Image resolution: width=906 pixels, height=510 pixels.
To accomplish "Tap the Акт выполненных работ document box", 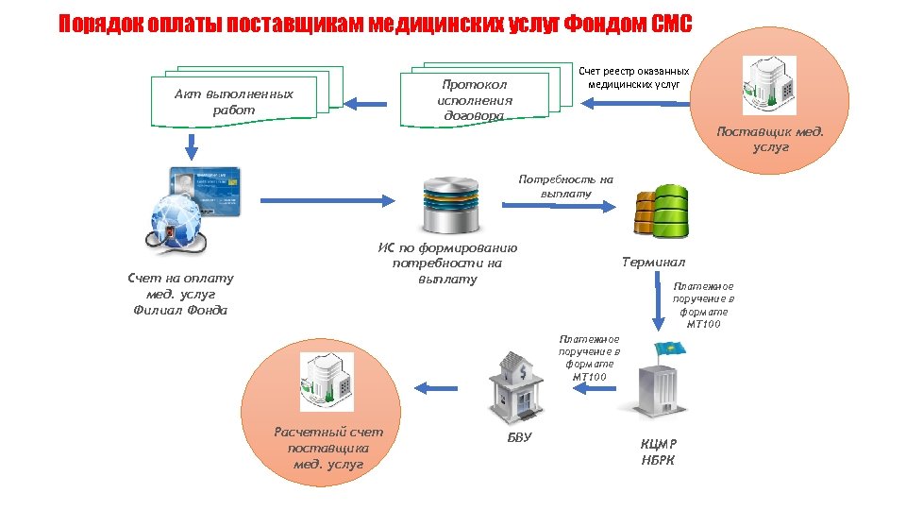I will (x=234, y=101).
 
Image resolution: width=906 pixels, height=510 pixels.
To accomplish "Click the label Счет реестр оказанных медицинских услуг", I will (x=633, y=77).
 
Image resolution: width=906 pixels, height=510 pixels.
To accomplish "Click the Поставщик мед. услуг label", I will (x=770, y=139).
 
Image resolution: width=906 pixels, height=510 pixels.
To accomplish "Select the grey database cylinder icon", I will (x=451, y=204).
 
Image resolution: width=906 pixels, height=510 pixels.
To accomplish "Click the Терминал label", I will (x=653, y=262).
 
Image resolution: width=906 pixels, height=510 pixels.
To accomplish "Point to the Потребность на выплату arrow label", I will (x=565, y=186).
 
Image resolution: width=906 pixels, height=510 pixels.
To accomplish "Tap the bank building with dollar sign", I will (x=516, y=388).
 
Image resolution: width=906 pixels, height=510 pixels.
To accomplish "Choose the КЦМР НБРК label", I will (x=658, y=451).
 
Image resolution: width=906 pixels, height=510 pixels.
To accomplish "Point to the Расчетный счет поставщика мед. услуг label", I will (x=328, y=448).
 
